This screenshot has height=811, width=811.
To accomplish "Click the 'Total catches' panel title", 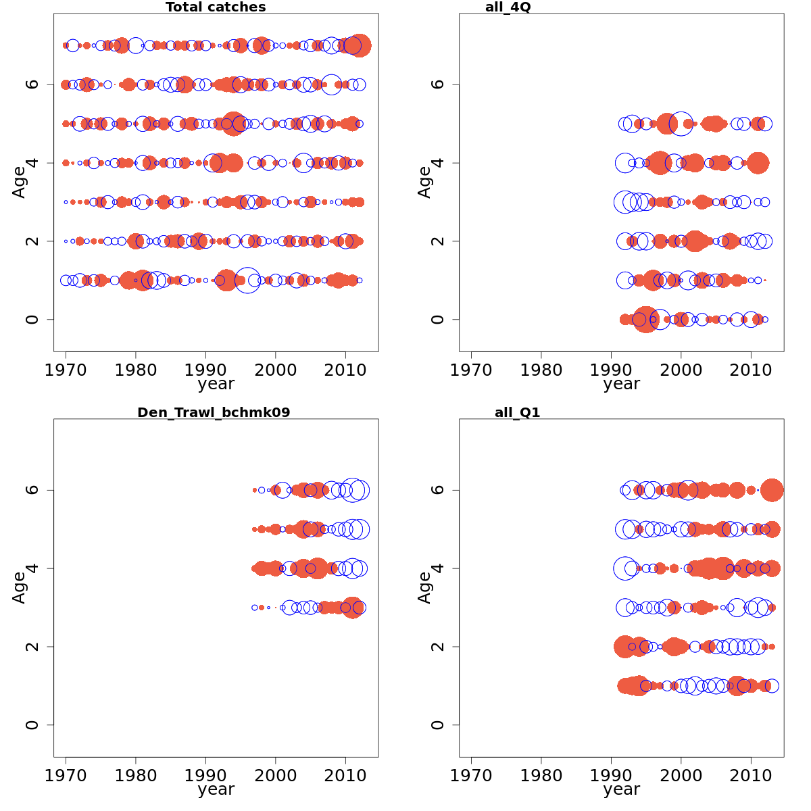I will [x=216, y=7].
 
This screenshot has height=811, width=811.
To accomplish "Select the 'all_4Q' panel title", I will [x=508, y=7].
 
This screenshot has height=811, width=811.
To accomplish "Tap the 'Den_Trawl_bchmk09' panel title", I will [x=214, y=412].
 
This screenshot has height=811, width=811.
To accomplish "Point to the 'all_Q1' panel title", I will [x=517, y=412].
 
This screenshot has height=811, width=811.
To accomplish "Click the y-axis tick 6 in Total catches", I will [x=32, y=84].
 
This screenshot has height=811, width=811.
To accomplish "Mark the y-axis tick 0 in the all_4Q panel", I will [x=437, y=319].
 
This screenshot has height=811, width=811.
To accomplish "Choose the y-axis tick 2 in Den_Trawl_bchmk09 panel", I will [x=32, y=647].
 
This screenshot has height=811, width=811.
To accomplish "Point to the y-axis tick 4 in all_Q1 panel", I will [x=437, y=568].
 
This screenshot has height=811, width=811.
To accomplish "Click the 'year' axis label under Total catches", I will [x=216, y=384].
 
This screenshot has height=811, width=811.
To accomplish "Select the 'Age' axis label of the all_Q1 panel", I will [x=424, y=587].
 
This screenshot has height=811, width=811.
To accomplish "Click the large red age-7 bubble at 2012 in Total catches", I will [x=359, y=46].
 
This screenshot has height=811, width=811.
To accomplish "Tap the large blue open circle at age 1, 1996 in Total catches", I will [x=247, y=280].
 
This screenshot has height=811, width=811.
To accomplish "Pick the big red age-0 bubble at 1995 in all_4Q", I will [x=645, y=319].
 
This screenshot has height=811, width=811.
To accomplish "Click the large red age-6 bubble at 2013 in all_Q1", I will [x=772, y=491].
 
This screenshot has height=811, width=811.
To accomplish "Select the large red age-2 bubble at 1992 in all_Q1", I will [x=625, y=647].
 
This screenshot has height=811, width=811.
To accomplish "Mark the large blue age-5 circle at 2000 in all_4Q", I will [x=681, y=124].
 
